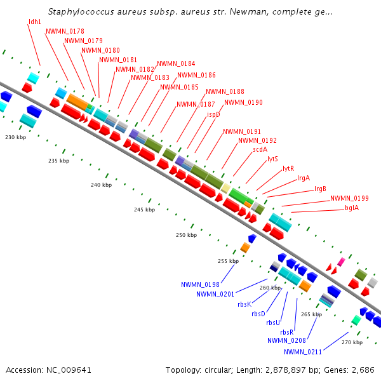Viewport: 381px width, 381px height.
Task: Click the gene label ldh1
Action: [35, 22]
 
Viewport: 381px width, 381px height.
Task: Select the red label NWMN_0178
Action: [65, 31]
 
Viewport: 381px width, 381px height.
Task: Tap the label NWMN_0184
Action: [176, 63]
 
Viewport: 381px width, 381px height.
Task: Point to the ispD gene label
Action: [213, 114]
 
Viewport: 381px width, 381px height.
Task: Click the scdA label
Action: [260, 149]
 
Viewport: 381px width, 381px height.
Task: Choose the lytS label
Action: [272, 159]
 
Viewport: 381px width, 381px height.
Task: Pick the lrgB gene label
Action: [320, 189]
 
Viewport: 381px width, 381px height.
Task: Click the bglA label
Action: [352, 208]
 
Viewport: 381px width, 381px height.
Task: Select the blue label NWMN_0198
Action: [200, 284]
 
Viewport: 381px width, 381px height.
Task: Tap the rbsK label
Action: [244, 304]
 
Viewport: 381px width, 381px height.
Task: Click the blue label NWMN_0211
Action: [303, 352]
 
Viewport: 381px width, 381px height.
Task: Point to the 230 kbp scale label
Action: [15, 137]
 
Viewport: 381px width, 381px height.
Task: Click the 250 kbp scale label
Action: [186, 235]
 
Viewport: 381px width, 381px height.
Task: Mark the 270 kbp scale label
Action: [352, 342]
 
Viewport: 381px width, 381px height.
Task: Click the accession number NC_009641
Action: [69, 370]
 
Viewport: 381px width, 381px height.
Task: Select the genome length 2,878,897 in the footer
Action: [286, 370]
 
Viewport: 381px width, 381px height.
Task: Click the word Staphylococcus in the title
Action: [81, 12]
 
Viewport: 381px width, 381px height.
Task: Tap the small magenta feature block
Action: [341, 262]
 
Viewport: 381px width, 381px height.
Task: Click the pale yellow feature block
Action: [225, 189]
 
